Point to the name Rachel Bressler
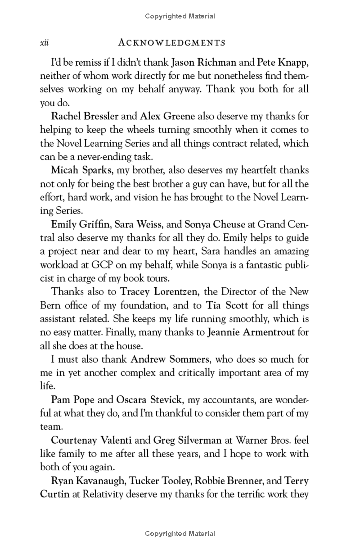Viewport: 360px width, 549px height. (x=85, y=116)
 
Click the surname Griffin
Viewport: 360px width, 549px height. (x=94, y=224)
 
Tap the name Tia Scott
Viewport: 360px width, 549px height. (x=227, y=305)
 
